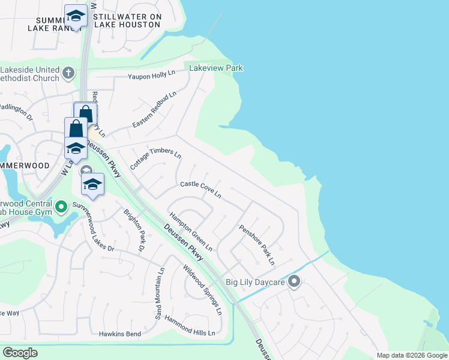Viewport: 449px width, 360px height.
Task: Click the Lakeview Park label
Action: (x=216, y=68)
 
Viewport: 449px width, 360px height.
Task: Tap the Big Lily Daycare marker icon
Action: (x=294, y=281)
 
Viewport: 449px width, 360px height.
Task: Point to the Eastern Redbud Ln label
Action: (x=155, y=109)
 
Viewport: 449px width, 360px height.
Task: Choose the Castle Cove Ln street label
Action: (x=201, y=190)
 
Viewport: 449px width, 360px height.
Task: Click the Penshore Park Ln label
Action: (x=257, y=244)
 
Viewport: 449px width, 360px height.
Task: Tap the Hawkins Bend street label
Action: (x=121, y=334)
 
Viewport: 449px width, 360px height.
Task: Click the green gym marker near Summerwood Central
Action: (x=61, y=208)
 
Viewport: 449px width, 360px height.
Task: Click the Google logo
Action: (x=20, y=353)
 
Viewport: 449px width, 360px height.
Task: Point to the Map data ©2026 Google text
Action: (x=412, y=355)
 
